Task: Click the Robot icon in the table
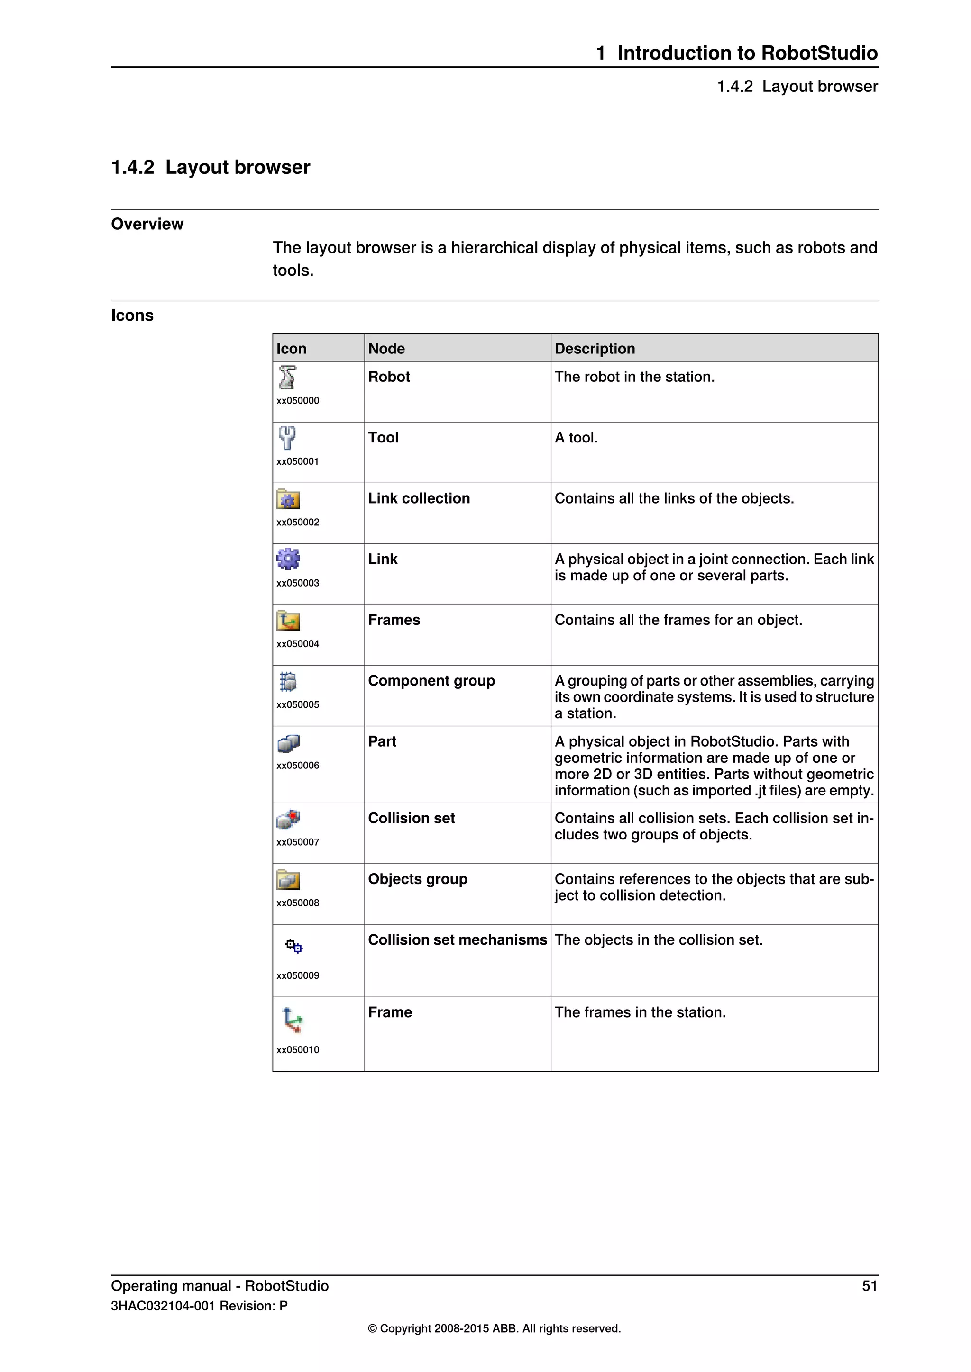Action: click(287, 378)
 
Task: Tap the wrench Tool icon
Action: click(287, 438)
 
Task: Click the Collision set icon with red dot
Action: click(288, 819)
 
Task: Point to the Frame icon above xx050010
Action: click(293, 1020)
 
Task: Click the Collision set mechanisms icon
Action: click(293, 946)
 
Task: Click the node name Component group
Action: click(431, 681)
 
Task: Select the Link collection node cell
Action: click(419, 498)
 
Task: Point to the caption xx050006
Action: click(298, 766)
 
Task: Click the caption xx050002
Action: click(298, 522)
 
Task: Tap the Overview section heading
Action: click(147, 224)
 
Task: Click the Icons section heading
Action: click(132, 316)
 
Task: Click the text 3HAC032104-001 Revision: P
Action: click(199, 1306)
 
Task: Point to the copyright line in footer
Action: click(494, 1328)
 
